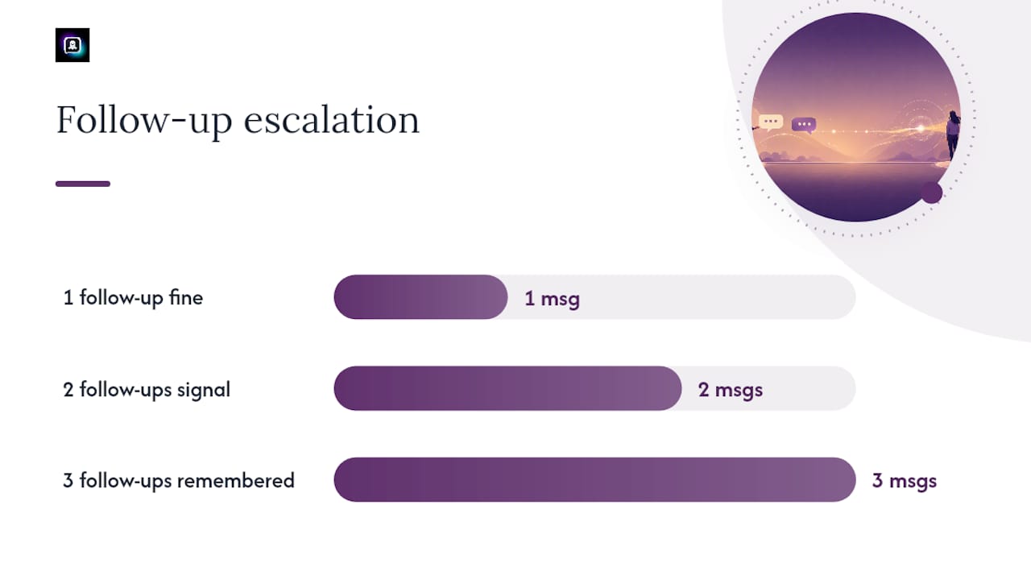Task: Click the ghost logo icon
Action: (x=72, y=45)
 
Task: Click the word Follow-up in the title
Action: (x=144, y=120)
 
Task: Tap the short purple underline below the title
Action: (x=83, y=184)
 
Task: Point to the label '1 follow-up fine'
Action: (x=133, y=297)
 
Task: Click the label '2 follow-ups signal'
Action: (x=147, y=389)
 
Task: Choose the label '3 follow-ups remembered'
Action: (x=179, y=481)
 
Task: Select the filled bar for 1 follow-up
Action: (x=420, y=297)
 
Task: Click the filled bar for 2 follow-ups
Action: (x=507, y=388)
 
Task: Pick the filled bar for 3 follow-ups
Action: (x=594, y=479)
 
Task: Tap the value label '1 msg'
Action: (x=552, y=298)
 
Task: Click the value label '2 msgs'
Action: (x=731, y=390)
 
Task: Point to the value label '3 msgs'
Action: (x=905, y=481)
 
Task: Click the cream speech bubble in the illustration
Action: (x=771, y=122)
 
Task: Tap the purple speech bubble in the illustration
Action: (x=804, y=125)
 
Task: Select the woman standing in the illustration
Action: (x=953, y=135)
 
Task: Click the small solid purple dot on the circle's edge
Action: (x=932, y=193)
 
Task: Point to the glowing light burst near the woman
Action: (x=921, y=128)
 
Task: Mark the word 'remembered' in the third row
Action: (x=236, y=481)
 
